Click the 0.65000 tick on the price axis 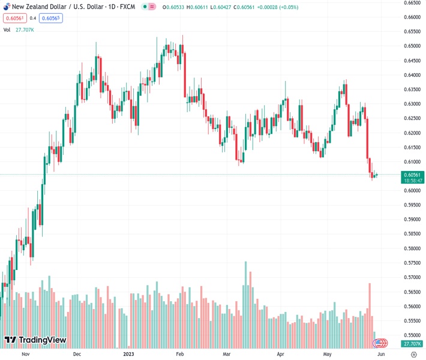pos(412,46)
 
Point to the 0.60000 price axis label pos(412,191)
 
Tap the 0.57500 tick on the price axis pos(412,263)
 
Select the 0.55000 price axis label pos(412,335)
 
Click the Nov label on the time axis pos(25,355)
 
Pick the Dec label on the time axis pos(77,355)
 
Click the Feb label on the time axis pos(179,355)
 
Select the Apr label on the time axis pos(281,355)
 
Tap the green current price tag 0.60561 pos(412,175)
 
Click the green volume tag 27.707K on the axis pos(412,344)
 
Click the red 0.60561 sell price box pos(13,18)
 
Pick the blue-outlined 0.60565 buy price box pos(51,18)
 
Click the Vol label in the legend pos(7,29)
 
